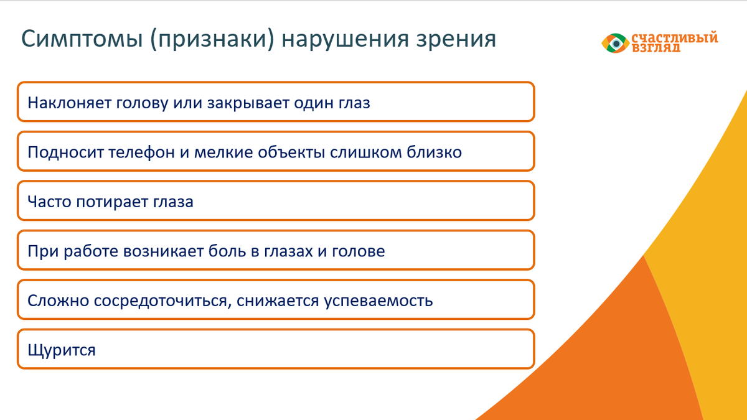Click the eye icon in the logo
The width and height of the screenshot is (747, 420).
(x=616, y=43)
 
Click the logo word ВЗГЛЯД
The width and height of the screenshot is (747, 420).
(x=655, y=48)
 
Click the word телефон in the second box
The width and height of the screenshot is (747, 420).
(x=142, y=152)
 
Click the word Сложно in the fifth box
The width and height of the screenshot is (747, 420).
(x=59, y=301)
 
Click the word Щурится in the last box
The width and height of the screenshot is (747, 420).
(x=62, y=350)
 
